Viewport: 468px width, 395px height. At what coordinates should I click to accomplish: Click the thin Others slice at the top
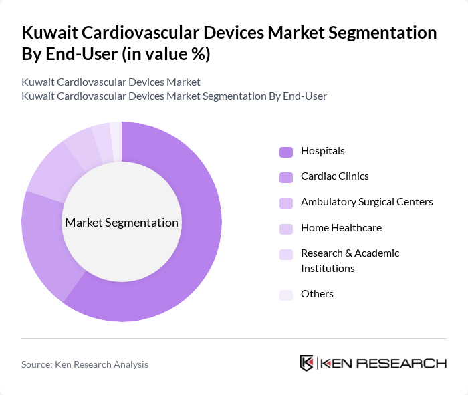(116, 133)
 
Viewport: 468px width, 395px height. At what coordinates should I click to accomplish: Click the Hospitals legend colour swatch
(286, 152)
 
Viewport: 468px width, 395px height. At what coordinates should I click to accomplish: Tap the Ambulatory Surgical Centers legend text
(366, 202)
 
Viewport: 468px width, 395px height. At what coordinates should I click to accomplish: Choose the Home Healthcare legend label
(341, 228)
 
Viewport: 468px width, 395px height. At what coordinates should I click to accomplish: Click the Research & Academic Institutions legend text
(350, 261)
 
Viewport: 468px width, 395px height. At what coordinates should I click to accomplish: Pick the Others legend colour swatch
(286, 295)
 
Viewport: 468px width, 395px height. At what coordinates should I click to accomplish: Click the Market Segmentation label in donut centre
(122, 223)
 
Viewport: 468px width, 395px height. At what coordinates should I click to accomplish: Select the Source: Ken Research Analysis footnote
(85, 364)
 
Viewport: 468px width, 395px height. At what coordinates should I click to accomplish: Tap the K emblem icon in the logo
(307, 363)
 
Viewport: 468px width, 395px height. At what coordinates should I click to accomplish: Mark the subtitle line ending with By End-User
(174, 96)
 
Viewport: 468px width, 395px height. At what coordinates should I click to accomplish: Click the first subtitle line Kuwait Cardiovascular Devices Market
(111, 82)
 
